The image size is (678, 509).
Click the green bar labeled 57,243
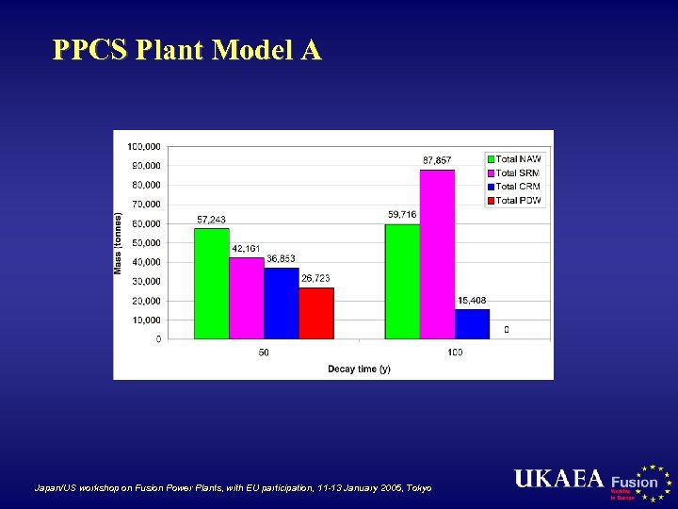[211, 283]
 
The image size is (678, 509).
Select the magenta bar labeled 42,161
[246, 298]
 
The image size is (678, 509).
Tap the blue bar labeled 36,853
[281, 303]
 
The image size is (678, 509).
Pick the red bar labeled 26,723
[315, 313]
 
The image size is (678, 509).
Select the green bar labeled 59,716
[402, 281]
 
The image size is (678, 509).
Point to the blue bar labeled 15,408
[472, 323]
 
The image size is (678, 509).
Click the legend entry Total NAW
[518, 159]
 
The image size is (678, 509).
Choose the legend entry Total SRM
[518, 173]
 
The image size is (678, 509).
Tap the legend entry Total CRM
[518, 187]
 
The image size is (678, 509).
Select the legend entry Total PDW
[518, 201]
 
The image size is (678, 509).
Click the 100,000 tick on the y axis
[143, 146]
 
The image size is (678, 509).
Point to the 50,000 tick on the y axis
[145, 242]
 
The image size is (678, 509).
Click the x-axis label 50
[264, 353]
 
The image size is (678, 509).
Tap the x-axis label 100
[455, 353]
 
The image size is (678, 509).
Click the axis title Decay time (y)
[359, 369]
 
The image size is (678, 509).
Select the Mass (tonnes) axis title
[119, 242]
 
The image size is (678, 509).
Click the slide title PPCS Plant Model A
[187, 50]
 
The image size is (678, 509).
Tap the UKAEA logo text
[558, 479]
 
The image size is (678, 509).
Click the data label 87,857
[437, 160]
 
